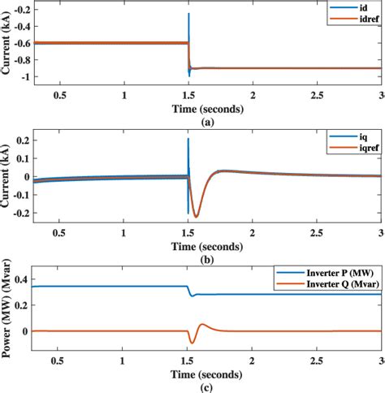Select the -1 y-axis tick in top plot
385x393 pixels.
coord(27,77)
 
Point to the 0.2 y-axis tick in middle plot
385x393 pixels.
coord(22,140)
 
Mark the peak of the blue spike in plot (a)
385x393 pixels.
coord(188,14)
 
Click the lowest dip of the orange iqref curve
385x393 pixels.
coord(195,216)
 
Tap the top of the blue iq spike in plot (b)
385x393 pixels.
coord(188,139)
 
